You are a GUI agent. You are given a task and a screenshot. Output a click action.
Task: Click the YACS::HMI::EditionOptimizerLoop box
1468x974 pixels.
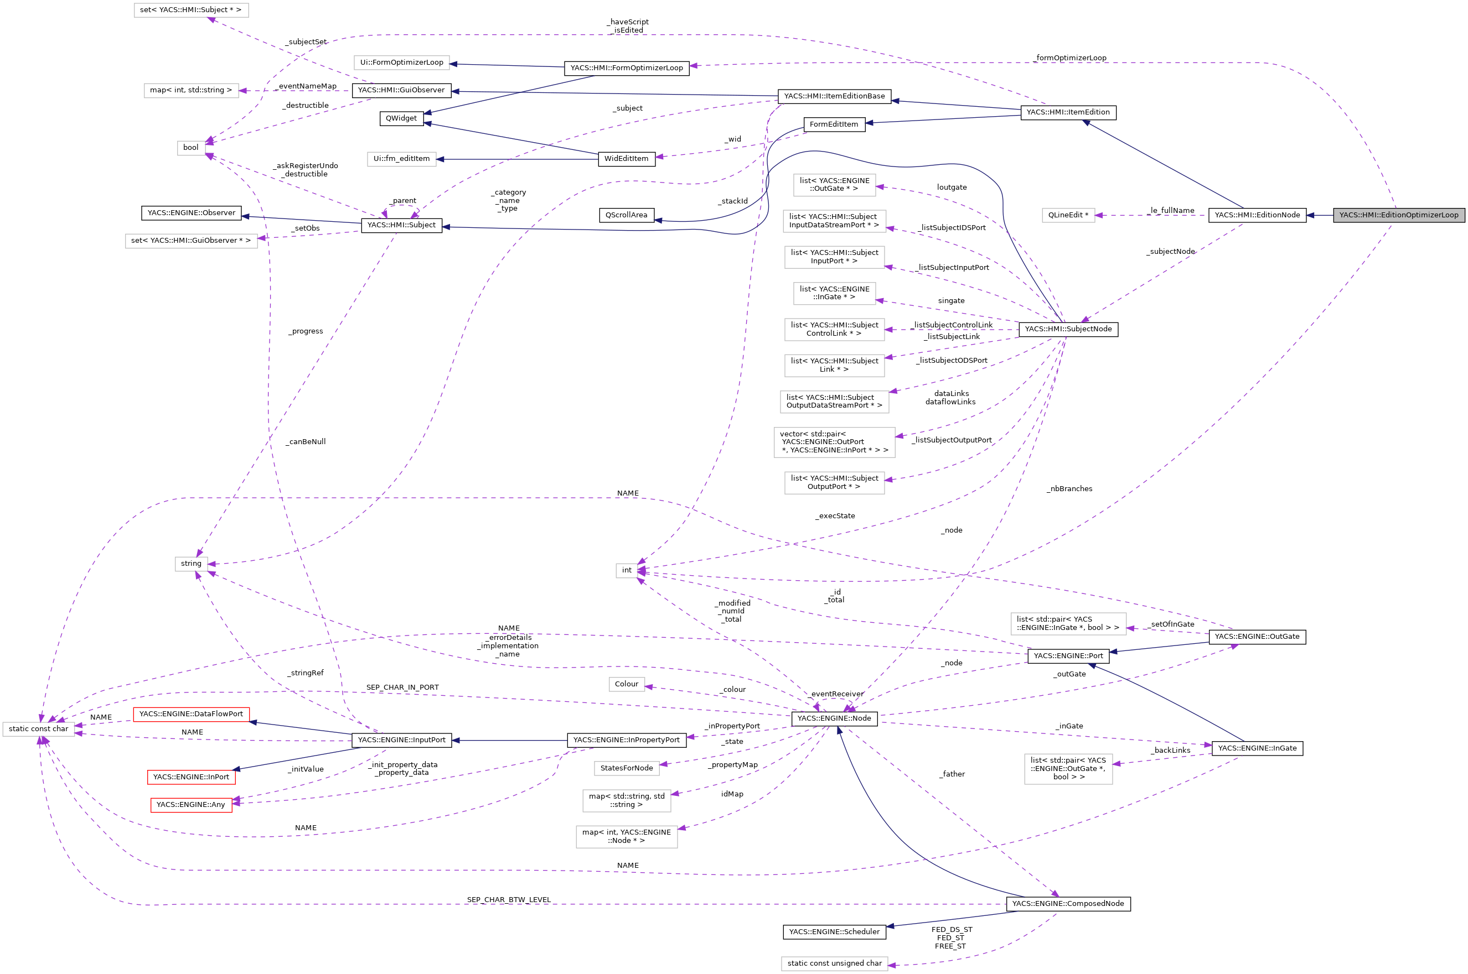pyautogui.click(x=1398, y=215)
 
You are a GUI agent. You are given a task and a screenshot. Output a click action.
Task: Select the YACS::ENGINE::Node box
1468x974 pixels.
pyautogui.click(x=834, y=718)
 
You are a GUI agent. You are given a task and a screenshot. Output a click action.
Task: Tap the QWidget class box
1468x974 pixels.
pyautogui.click(x=401, y=118)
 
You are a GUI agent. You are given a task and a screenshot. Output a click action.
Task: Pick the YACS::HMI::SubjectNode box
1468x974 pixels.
pyautogui.click(x=1068, y=329)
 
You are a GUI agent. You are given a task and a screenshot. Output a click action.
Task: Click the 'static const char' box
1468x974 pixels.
pyautogui.click(x=39, y=728)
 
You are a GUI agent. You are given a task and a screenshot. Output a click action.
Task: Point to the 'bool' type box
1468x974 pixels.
pyautogui.click(x=191, y=147)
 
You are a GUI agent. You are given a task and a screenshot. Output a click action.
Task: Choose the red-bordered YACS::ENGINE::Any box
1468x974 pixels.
pyautogui.click(x=191, y=804)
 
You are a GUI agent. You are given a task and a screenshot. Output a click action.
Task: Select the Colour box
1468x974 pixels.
pyautogui.click(x=627, y=684)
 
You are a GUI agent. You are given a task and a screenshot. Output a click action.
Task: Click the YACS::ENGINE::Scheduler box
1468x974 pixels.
pyautogui.click(x=834, y=932)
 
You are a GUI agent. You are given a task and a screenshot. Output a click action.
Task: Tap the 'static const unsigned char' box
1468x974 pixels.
pyautogui.click(x=834, y=963)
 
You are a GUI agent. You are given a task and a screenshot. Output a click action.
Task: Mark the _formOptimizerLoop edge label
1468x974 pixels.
pyautogui.click(x=1069, y=58)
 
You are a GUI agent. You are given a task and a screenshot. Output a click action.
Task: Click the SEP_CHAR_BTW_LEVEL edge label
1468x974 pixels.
pyautogui.click(x=508, y=899)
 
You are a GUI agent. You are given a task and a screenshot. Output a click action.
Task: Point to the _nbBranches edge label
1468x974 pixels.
pyautogui.click(x=1069, y=489)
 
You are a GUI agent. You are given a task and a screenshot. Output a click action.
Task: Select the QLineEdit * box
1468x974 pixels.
pyautogui.click(x=1068, y=215)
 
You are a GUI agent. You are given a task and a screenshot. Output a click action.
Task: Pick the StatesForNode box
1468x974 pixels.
pyautogui.click(x=627, y=768)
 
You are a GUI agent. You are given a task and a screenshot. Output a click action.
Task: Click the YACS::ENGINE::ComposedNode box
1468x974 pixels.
pyautogui.click(x=1068, y=903)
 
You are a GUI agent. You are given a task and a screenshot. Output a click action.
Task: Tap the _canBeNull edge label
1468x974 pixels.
pyautogui.click(x=306, y=442)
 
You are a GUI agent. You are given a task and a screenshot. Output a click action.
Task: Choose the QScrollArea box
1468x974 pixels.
pyautogui.click(x=627, y=215)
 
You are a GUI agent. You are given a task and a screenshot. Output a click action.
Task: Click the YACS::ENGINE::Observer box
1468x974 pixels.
pyautogui.click(x=192, y=212)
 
